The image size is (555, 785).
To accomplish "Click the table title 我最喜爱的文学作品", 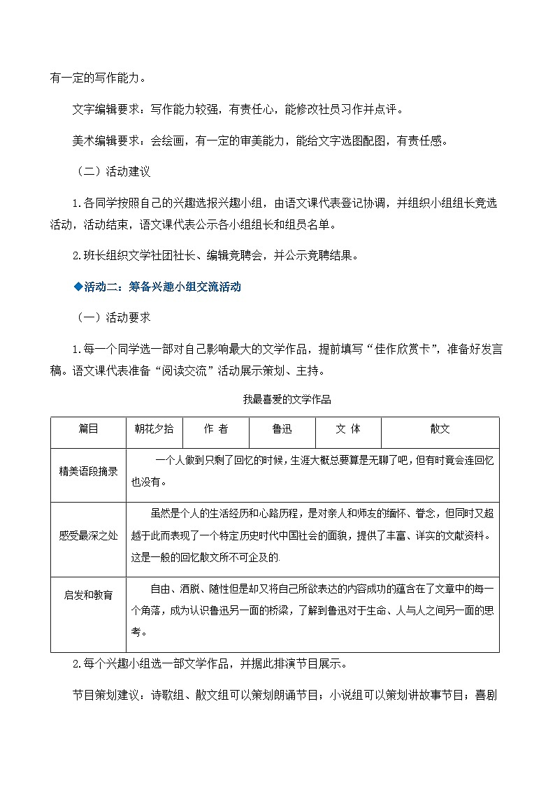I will pyautogui.click(x=276, y=400).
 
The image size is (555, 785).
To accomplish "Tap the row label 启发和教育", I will pyautogui.click(x=88, y=595).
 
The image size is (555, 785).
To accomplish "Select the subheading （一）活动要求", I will pyautogui.click(x=113, y=317).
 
